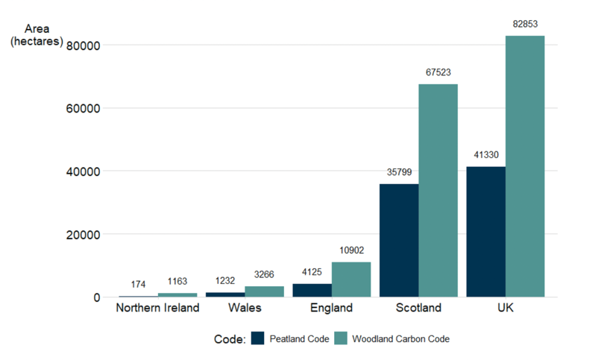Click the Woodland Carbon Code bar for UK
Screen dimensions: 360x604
[525, 166]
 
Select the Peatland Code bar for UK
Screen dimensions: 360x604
[486, 232]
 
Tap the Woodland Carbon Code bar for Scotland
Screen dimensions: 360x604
[438, 190]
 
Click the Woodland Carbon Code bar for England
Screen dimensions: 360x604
[350, 280]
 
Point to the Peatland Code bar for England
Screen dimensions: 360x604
[312, 290]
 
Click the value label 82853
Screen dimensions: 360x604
[525, 25]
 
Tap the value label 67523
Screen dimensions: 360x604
[438, 73]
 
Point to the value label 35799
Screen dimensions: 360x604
[399, 173]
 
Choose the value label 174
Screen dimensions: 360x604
[138, 285]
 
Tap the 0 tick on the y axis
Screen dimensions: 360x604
[97, 297]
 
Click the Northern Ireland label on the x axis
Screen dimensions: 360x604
[157, 308]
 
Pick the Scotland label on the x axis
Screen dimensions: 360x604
[418, 308]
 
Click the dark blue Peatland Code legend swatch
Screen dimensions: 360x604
[258, 338]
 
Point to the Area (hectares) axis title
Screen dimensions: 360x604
[36, 35]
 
